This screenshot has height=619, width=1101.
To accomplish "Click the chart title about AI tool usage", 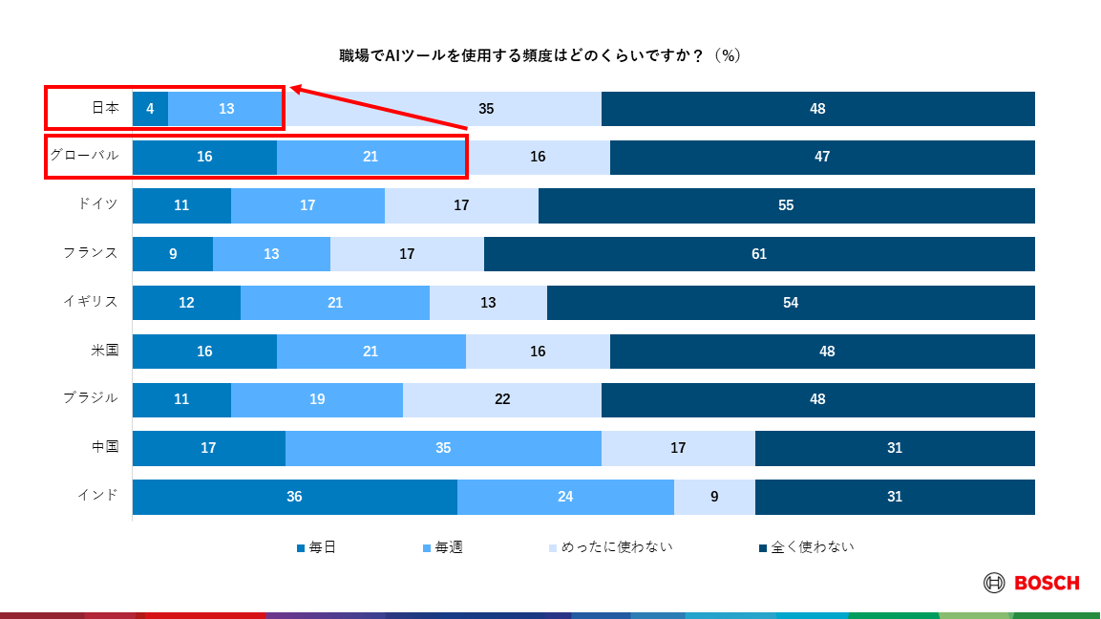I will pos(540,56).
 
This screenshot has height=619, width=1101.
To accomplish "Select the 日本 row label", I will pos(105,109).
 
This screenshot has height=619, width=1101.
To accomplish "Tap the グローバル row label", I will pos(84,156).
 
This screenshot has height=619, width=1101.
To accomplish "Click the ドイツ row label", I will pos(98,204).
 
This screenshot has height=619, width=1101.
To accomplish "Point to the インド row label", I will pos(98,495).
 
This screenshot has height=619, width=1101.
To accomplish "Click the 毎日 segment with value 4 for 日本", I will pos(150,109).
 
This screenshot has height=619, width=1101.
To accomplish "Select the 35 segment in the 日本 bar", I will pos(486,109).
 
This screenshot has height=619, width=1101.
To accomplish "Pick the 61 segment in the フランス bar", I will pos(759,254).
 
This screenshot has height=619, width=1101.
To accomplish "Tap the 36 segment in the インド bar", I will pos(294,497).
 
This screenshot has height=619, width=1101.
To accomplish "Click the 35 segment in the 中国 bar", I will pos(443,448).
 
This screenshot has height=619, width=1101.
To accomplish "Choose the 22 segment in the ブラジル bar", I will pos(502,399).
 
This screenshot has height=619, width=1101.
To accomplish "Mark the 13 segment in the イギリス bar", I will pos(488,303).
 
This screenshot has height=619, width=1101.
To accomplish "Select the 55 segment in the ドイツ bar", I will pos(786,205).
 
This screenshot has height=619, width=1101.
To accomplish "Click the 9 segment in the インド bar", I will pos(714,497).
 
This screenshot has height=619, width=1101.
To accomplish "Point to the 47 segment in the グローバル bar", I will pos(822,157).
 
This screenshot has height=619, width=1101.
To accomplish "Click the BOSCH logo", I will pos(1031,583).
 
